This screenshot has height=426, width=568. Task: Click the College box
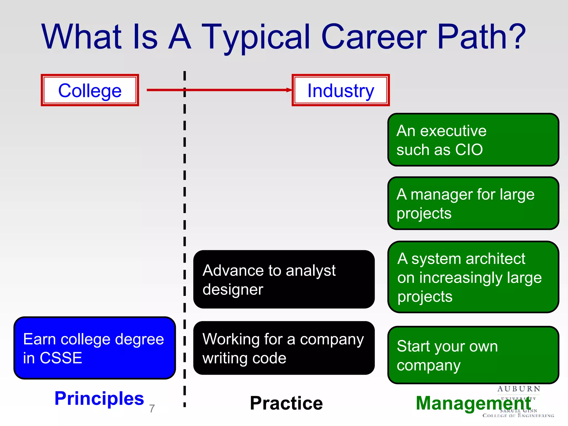tap(90, 90)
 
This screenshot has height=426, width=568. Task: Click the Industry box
tap(341, 90)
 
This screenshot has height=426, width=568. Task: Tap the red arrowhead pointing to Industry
tap(289, 90)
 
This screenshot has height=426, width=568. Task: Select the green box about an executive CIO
tap(473, 140)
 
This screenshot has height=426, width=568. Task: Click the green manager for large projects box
tap(473, 203)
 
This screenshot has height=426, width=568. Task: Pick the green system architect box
tap(473, 277)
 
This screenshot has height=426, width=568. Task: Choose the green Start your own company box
tap(473, 355)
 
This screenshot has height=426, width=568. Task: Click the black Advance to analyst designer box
tap(284, 279)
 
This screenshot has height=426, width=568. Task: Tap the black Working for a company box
tap(284, 348)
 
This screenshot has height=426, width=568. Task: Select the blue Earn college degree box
tap(95, 348)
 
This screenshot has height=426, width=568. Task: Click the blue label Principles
tap(99, 398)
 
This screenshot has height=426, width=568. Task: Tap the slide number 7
tap(152, 409)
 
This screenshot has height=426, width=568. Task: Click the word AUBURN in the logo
tap(519, 389)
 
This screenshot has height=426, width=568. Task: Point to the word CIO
tap(469, 150)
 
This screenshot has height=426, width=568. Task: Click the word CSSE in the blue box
tap(61, 358)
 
